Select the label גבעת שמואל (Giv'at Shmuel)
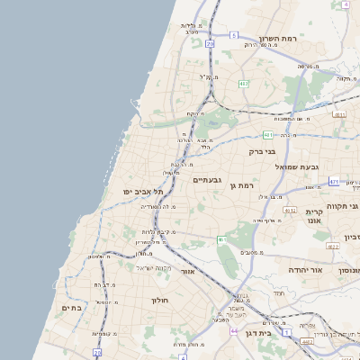[317, 167]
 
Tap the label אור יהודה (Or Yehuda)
[286, 269]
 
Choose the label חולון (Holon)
[161, 299]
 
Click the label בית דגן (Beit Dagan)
[269, 332]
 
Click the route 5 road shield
[233, 35]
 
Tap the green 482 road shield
[244, 84]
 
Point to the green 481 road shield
[267, 135]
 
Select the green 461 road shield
[221, 239]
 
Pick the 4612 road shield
[289, 210]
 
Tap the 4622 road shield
[332, 246]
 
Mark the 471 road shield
[334, 182]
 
